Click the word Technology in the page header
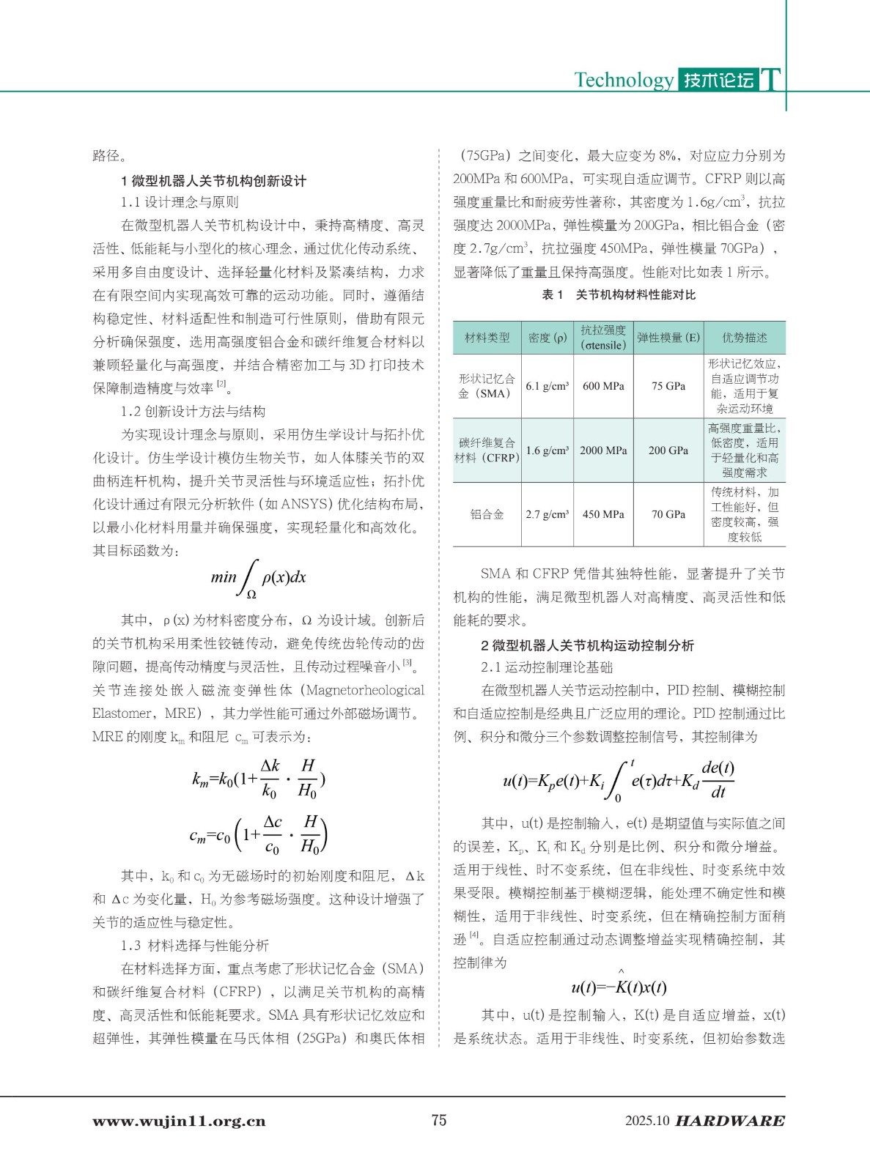pyautogui.click(x=623, y=80)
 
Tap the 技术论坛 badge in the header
pyautogui.click(x=718, y=80)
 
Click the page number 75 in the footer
pyautogui.click(x=439, y=1120)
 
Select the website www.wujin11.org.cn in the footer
pyautogui.click(x=179, y=1121)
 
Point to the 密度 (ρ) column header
pyautogui.click(x=547, y=338)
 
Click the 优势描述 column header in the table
pyautogui.click(x=744, y=338)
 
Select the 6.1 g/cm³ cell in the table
pyautogui.click(x=547, y=386)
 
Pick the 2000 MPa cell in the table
pyautogui.click(x=603, y=450)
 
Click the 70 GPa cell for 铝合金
pyautogui.click(x=668, y=514)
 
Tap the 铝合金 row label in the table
pyautogui.click(x=487, y=514)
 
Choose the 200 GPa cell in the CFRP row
pyautogui.click(x=668, y=450)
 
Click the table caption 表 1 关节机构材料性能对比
pyautogui.click(x=619, y=294)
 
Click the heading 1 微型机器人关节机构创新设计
pyautogui.click(x=213, y=181)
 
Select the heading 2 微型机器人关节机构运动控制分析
pyautogui.click(x=587, y=645)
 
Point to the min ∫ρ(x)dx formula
pyautogui.click(x=258, y=578)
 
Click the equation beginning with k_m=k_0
pyautogui.click(x=258, y=778)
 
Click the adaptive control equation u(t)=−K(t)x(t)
pyautogui.click(x=619, y=987)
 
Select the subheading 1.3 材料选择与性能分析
pyautogui.click(x=195, y=946)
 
